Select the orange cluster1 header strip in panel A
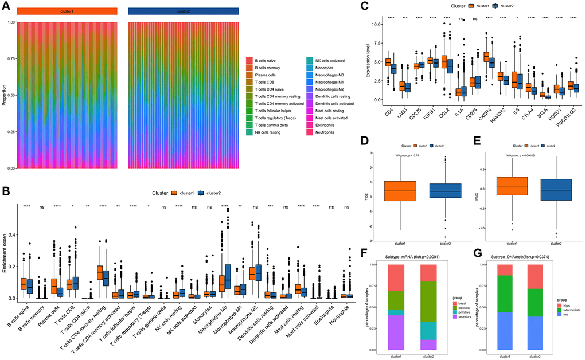[x=67, y=11]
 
